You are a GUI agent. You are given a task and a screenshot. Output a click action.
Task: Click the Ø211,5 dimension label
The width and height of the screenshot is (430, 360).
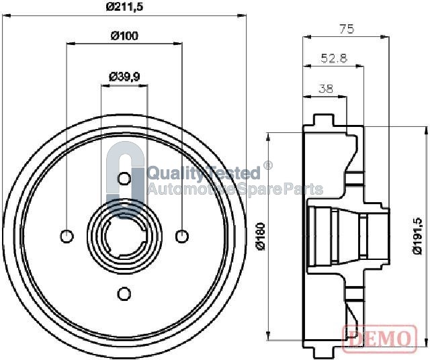(124, 7)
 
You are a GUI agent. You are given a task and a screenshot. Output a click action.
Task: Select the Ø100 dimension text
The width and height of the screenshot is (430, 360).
(124, 36)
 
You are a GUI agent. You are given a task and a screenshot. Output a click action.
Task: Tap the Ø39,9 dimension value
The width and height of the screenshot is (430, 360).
(124, 77)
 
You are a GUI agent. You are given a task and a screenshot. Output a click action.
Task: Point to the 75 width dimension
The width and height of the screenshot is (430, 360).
(347, 29)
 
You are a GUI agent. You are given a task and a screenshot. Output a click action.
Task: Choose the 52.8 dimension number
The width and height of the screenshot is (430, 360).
(334, 58)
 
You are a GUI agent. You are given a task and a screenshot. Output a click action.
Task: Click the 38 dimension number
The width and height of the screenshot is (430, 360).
(325, 89)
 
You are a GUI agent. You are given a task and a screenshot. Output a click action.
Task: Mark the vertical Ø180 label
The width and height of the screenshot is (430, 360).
(261, 236)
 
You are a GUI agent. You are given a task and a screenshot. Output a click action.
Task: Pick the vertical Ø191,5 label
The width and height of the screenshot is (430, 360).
(419, 236)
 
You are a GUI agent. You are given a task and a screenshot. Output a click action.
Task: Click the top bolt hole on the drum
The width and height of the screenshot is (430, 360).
(124, 179)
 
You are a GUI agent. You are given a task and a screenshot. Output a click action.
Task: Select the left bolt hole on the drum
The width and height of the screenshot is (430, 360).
(67, 236)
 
